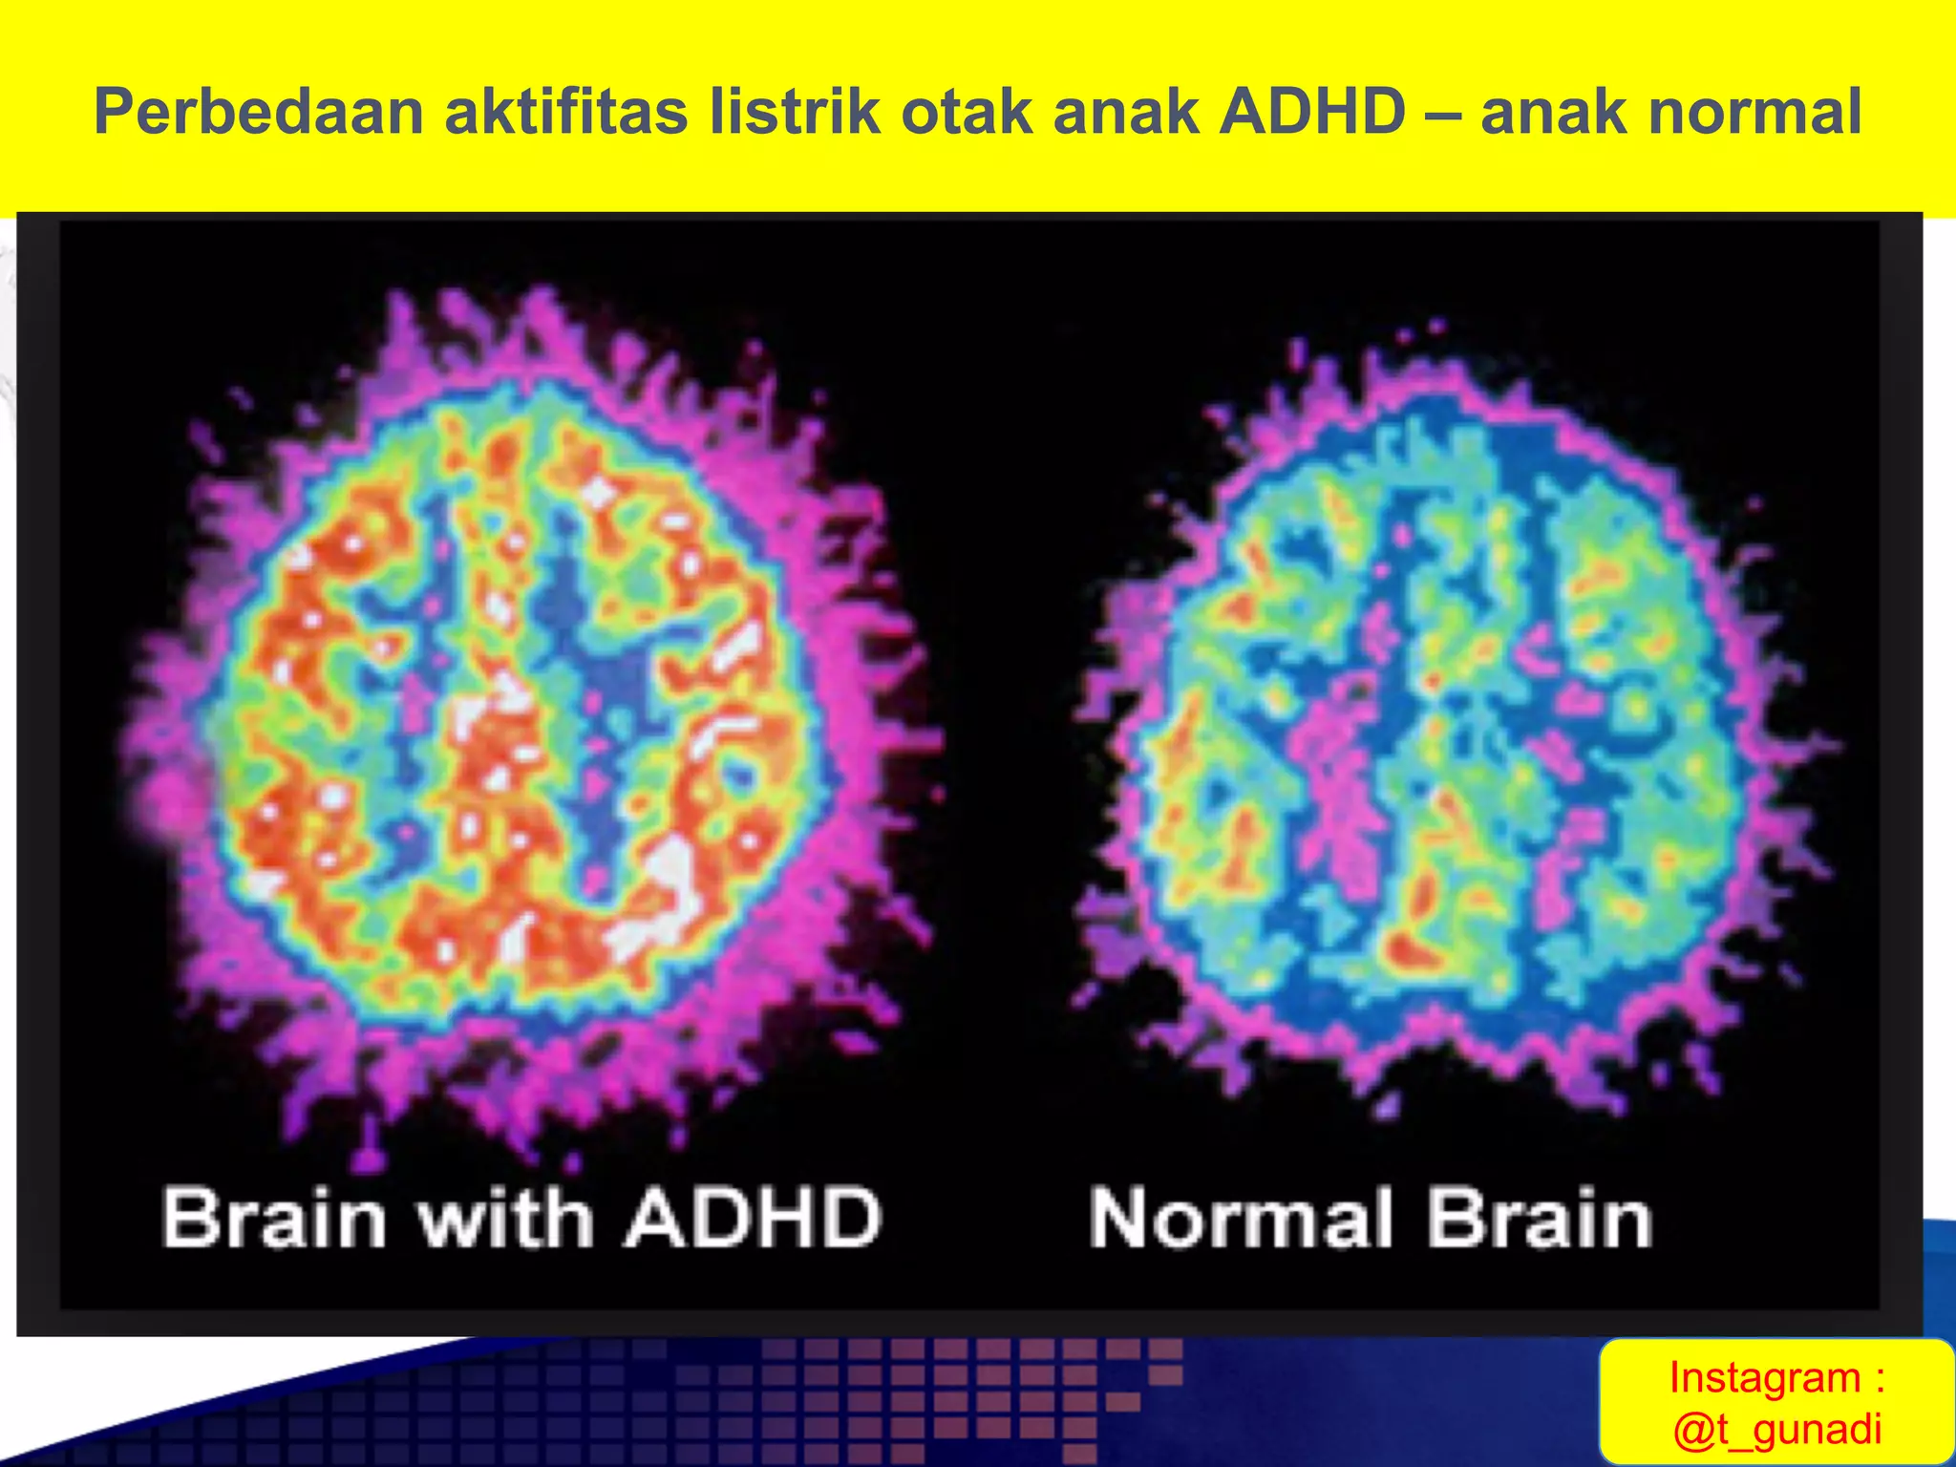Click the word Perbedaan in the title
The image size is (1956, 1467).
[x=259, y=112]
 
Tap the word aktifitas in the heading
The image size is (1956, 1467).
[x=565, y=112]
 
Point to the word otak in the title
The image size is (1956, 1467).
[x=962, y=112]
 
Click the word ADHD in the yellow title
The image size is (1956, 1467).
[x=1312, y=112]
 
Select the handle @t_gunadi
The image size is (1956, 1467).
[x=1776, y=1429]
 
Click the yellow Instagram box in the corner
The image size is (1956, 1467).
[x=1776, y=1401]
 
